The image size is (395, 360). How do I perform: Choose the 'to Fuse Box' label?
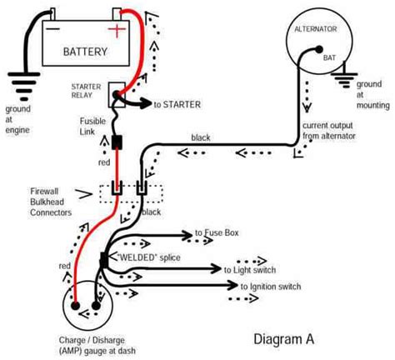(217, 232)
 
